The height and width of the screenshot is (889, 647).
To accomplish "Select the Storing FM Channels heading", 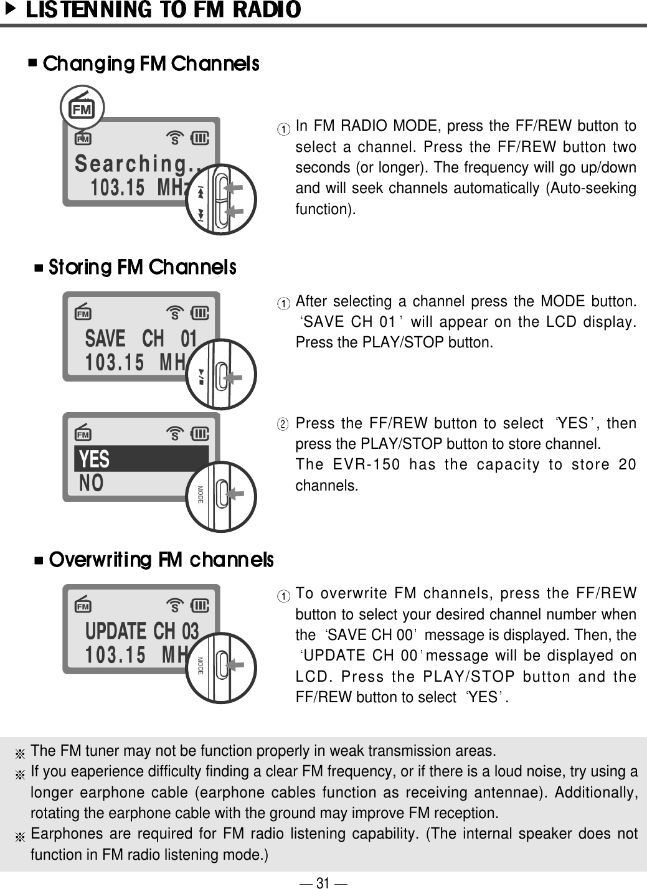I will pos(142,268).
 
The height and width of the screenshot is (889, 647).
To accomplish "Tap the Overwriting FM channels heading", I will pos(161,560).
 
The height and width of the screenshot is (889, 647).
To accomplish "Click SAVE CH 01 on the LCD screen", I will pos(141,339).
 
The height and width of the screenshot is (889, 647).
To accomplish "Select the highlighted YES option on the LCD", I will pos(95,459).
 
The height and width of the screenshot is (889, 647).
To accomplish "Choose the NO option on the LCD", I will pos(92,483).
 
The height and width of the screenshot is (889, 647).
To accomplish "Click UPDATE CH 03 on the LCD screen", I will pos(142,631).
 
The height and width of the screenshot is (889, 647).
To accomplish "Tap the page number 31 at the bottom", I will pos(323,882).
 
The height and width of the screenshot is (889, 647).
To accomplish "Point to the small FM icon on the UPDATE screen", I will pos(82,605).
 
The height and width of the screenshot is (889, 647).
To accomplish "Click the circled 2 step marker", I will pos(283,425).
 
